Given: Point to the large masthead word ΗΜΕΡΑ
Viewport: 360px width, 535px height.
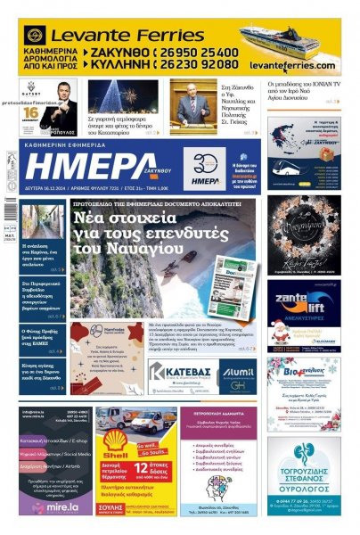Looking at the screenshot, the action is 86,166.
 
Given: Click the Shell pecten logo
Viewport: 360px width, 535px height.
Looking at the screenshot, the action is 115,439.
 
